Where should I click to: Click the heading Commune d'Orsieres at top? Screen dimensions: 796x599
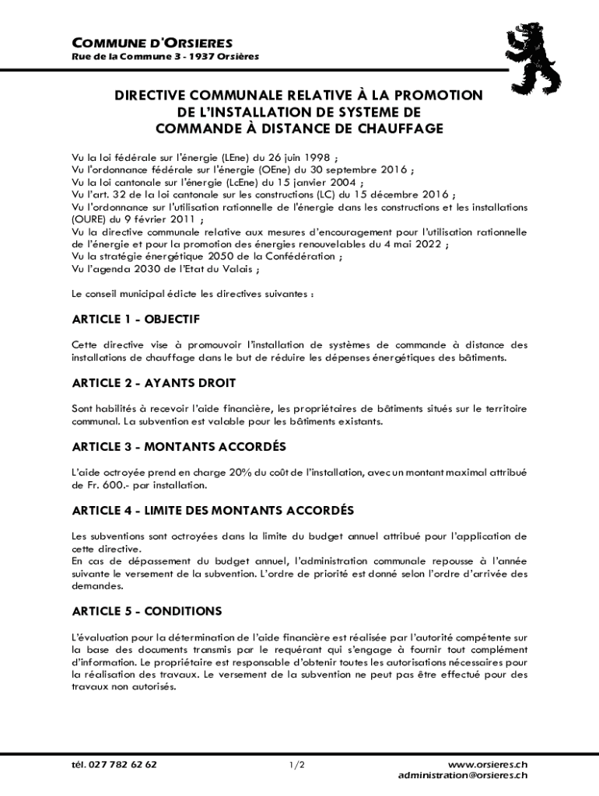click(152, 43)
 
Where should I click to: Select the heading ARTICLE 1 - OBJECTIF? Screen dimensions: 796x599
click(136, 319)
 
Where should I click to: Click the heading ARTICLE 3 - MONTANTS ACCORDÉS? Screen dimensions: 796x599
click(179, 447)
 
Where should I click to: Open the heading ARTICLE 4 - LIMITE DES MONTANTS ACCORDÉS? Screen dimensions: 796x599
click(213, 511)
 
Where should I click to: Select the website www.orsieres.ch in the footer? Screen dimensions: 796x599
click(488, 765)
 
